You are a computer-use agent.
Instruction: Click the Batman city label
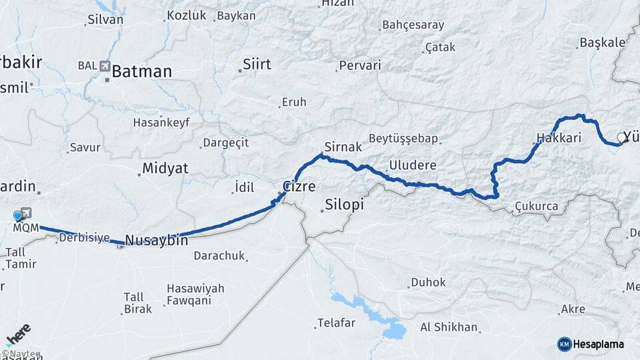click(141, 71)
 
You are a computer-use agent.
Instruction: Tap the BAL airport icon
click(105, 65)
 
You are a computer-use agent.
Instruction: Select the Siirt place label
click(257, 65)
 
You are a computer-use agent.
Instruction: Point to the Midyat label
click(165, 169)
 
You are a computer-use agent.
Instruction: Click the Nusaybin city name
click(156, 240)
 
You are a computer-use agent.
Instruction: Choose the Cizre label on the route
click(299, 186)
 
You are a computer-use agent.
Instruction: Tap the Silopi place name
click(344, 205)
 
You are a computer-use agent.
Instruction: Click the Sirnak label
click(343, 147)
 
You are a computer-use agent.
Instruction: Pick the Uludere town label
click(413, 165)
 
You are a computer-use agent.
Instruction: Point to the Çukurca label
click(536, 207)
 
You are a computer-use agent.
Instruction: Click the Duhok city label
click(428, 283)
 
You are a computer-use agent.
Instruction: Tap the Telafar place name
click(335, 323)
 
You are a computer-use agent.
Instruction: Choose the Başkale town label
click(603, 43)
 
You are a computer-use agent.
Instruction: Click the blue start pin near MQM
click(17, 216)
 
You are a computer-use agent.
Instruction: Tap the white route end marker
click(621, 138)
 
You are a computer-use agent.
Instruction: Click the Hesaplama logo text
click(598, 344)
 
